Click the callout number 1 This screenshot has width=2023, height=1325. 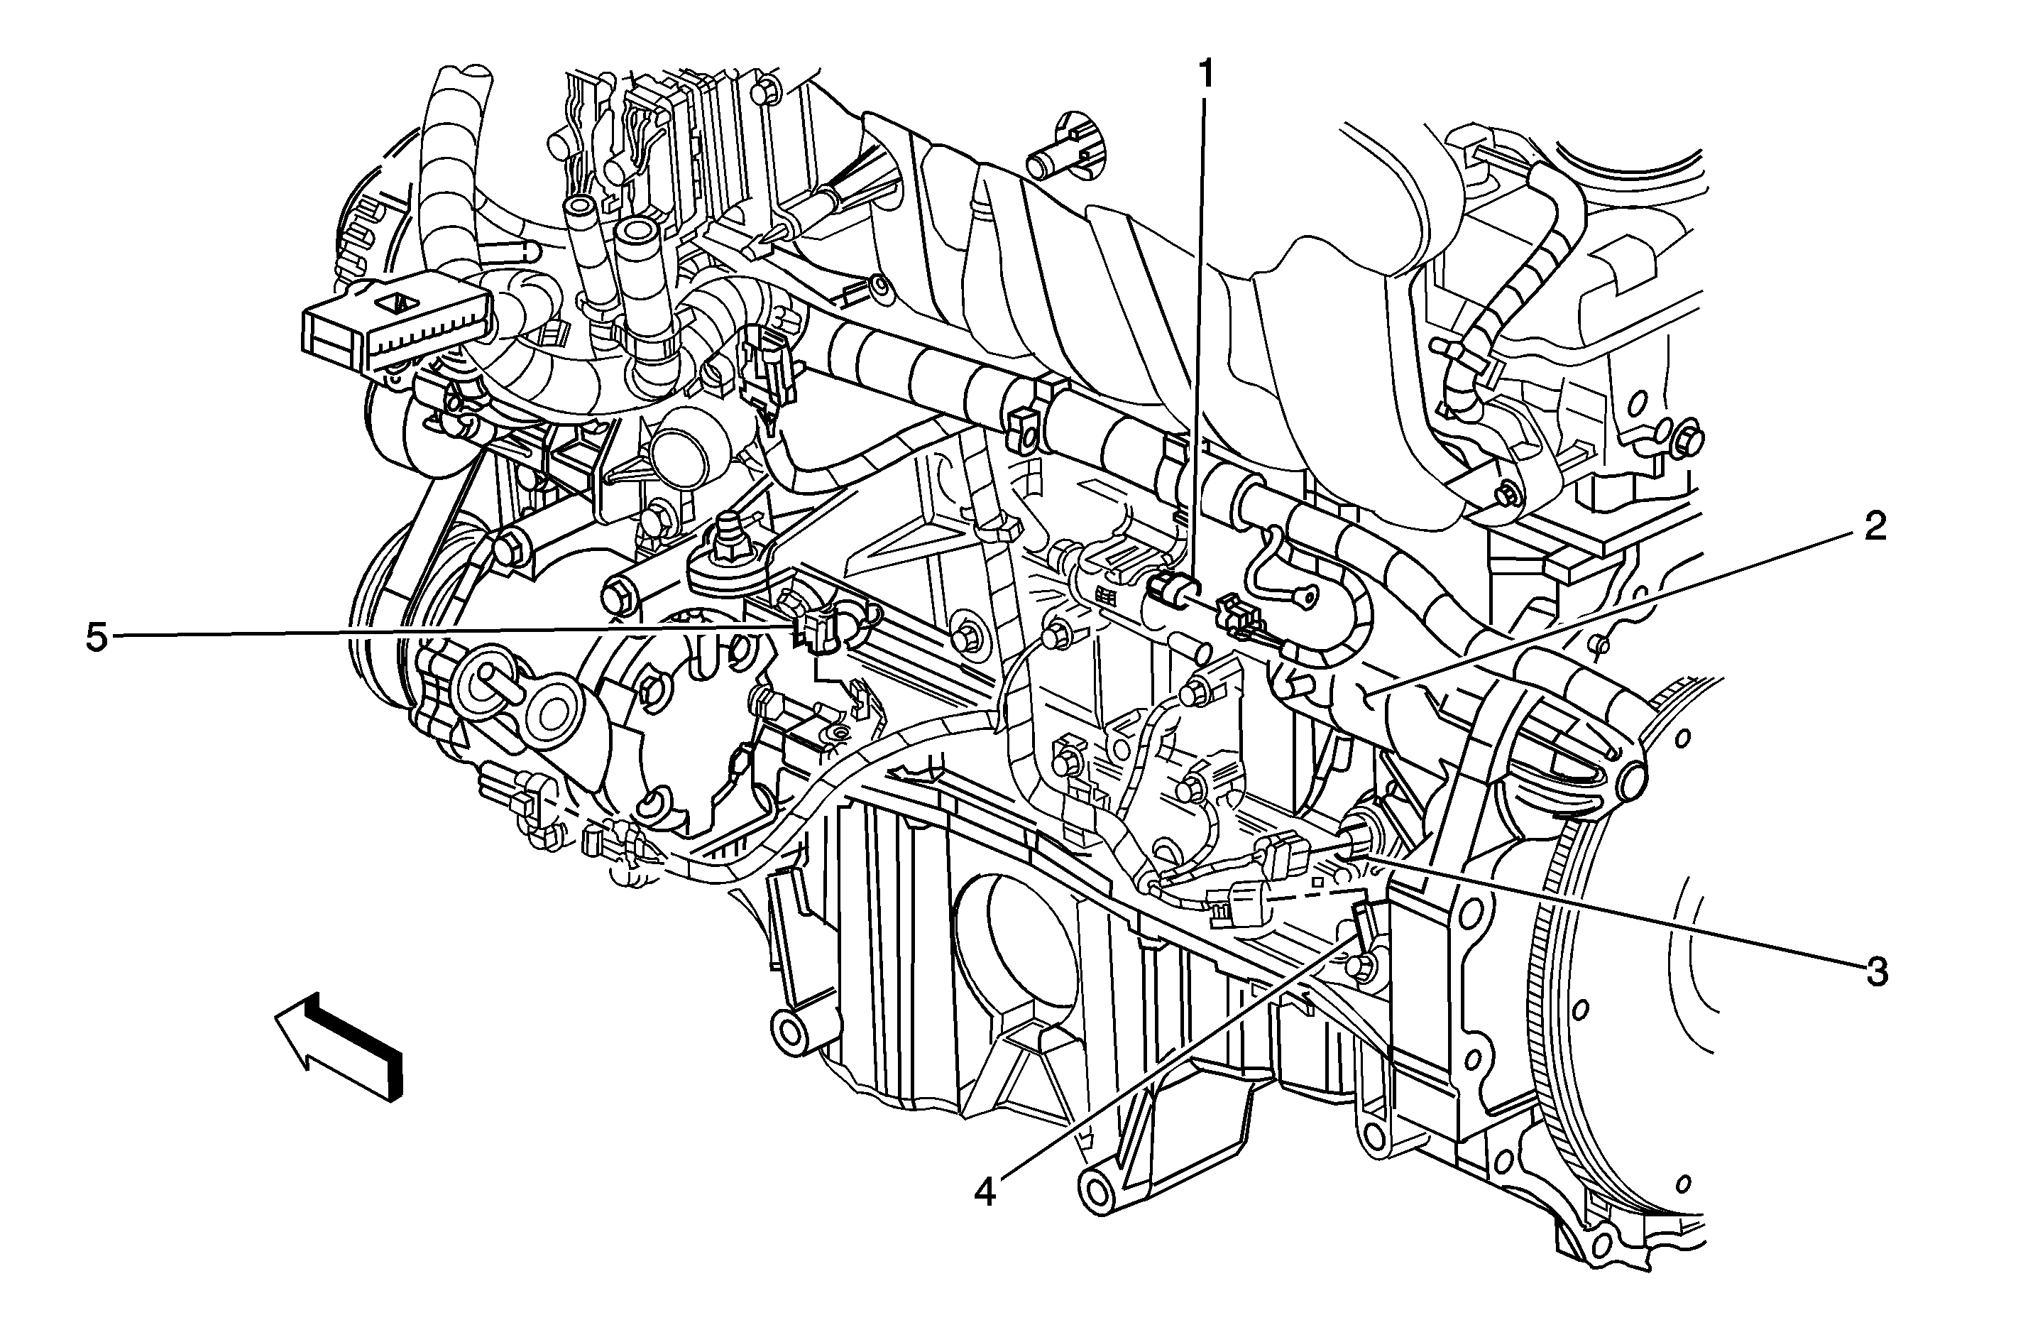[x=1205, y=77]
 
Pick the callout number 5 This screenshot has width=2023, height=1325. [x=97, y=638]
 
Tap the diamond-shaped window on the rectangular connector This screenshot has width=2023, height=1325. [x=396, y=302]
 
